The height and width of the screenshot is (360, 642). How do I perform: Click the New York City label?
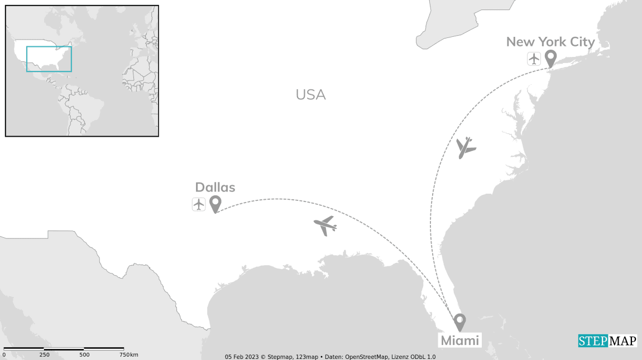tap(550, 42)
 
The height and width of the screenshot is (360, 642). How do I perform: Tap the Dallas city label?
tap(215, 188)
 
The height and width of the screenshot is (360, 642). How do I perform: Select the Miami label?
tap(460, 340)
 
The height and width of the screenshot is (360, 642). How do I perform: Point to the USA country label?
tap(310, 95)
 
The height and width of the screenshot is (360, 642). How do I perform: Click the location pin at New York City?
tap(550, 57)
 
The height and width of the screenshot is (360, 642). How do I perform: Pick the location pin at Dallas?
tap(215, 204)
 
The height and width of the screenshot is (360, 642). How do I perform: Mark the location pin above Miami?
tap(459, 321)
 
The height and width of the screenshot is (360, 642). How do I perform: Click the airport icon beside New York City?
tap(534, 58)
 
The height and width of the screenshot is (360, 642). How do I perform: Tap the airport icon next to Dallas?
tap(199, 204)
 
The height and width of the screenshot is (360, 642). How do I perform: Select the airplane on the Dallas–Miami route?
tap(325, 225)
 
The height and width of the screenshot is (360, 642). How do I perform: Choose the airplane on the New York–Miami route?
tap(465, 147)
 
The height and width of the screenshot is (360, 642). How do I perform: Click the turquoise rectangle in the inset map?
tap(49, 59)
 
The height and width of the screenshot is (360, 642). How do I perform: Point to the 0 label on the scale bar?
tap(4, 355)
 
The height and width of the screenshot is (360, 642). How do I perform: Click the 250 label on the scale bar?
tap(45, 355)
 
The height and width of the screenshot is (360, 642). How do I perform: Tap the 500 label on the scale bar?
tap(84, 355)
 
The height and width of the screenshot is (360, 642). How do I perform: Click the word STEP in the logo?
tap(592, 341)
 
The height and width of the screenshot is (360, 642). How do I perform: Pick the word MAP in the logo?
tap(622, 341)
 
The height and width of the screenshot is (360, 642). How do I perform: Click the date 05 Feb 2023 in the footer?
tap(243, 357)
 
